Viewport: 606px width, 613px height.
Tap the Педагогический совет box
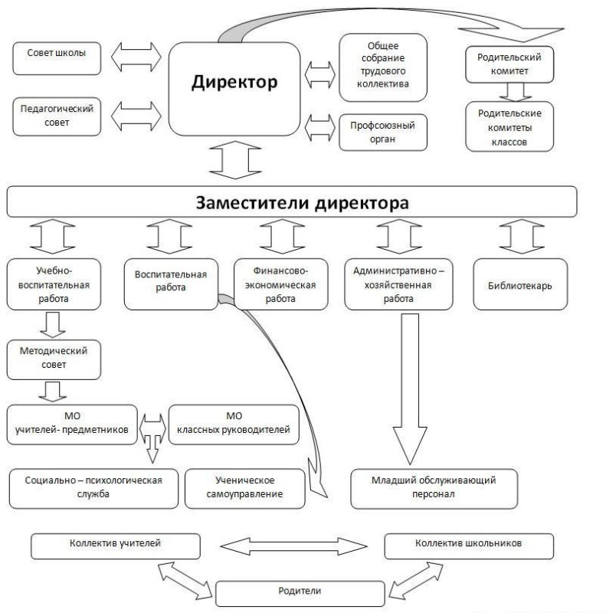click(57, 116)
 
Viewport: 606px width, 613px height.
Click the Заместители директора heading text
click(302, 203)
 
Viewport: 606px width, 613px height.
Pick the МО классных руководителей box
click(234, 424)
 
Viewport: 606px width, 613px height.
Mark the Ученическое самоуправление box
click(245, 487)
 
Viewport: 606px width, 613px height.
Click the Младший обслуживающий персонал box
click(433, 487)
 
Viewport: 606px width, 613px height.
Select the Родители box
click(300, 592)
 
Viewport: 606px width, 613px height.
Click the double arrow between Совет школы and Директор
click(136, 56)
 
